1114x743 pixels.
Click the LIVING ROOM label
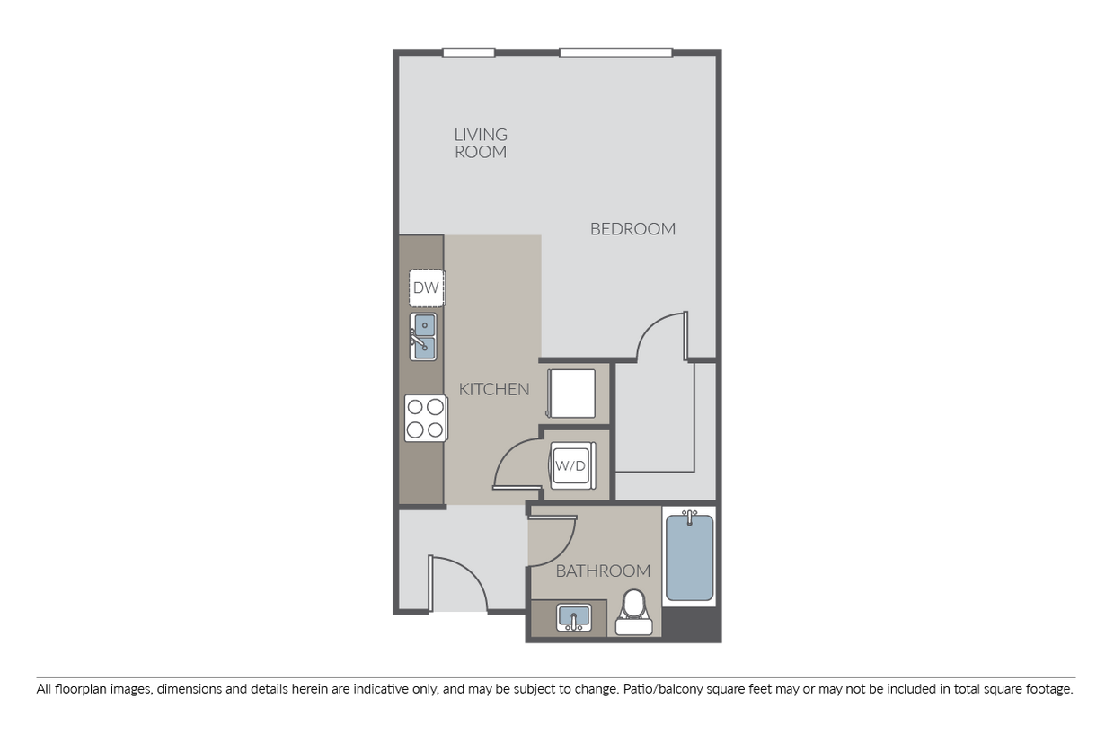[x=481, y=143]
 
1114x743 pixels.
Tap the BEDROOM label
[x=632, y=229]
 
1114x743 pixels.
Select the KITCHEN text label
[x=493, y=389]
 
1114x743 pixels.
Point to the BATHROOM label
[x=603, y=571]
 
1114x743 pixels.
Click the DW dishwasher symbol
[x=426, y=288]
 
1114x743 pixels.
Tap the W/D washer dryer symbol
[x=570, y=466]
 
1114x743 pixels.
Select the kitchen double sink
[x=424, y=336]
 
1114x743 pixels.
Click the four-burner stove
[x=425, y=418]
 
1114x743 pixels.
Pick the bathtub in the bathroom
[x=689, y=557]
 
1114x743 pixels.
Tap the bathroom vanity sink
[x=573, y=617]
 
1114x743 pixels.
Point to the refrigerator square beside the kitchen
[x=571, y=393]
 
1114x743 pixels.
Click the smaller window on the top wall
[x=468, y=53]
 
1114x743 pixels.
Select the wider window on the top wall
[x=615, y=53]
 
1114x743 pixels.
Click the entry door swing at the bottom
[x=458, y=584]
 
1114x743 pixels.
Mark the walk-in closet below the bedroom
[x=654, y=418]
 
